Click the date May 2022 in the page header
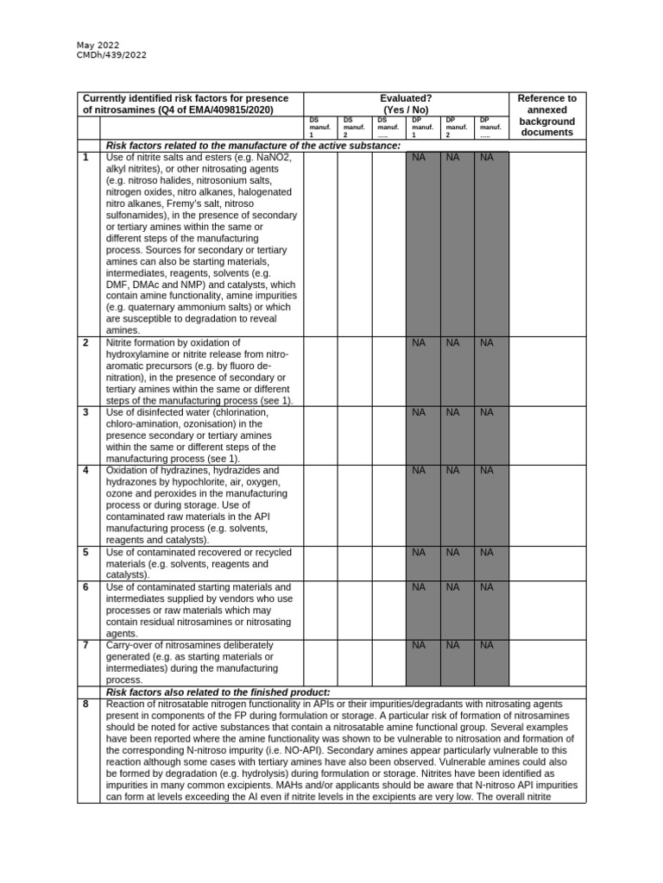point(98,45)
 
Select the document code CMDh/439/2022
point(112,56)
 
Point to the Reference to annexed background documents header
point(546,116)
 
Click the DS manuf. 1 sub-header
point(320,128)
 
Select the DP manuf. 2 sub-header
point(455,128)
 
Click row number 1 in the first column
point(85,158)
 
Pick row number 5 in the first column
point(85,552)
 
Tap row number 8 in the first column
point(85,705)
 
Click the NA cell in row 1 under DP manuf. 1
point(420,158)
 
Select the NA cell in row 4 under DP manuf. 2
point(453,471)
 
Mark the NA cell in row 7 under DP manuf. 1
point(420,645)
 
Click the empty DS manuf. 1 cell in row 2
point(320,371)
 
